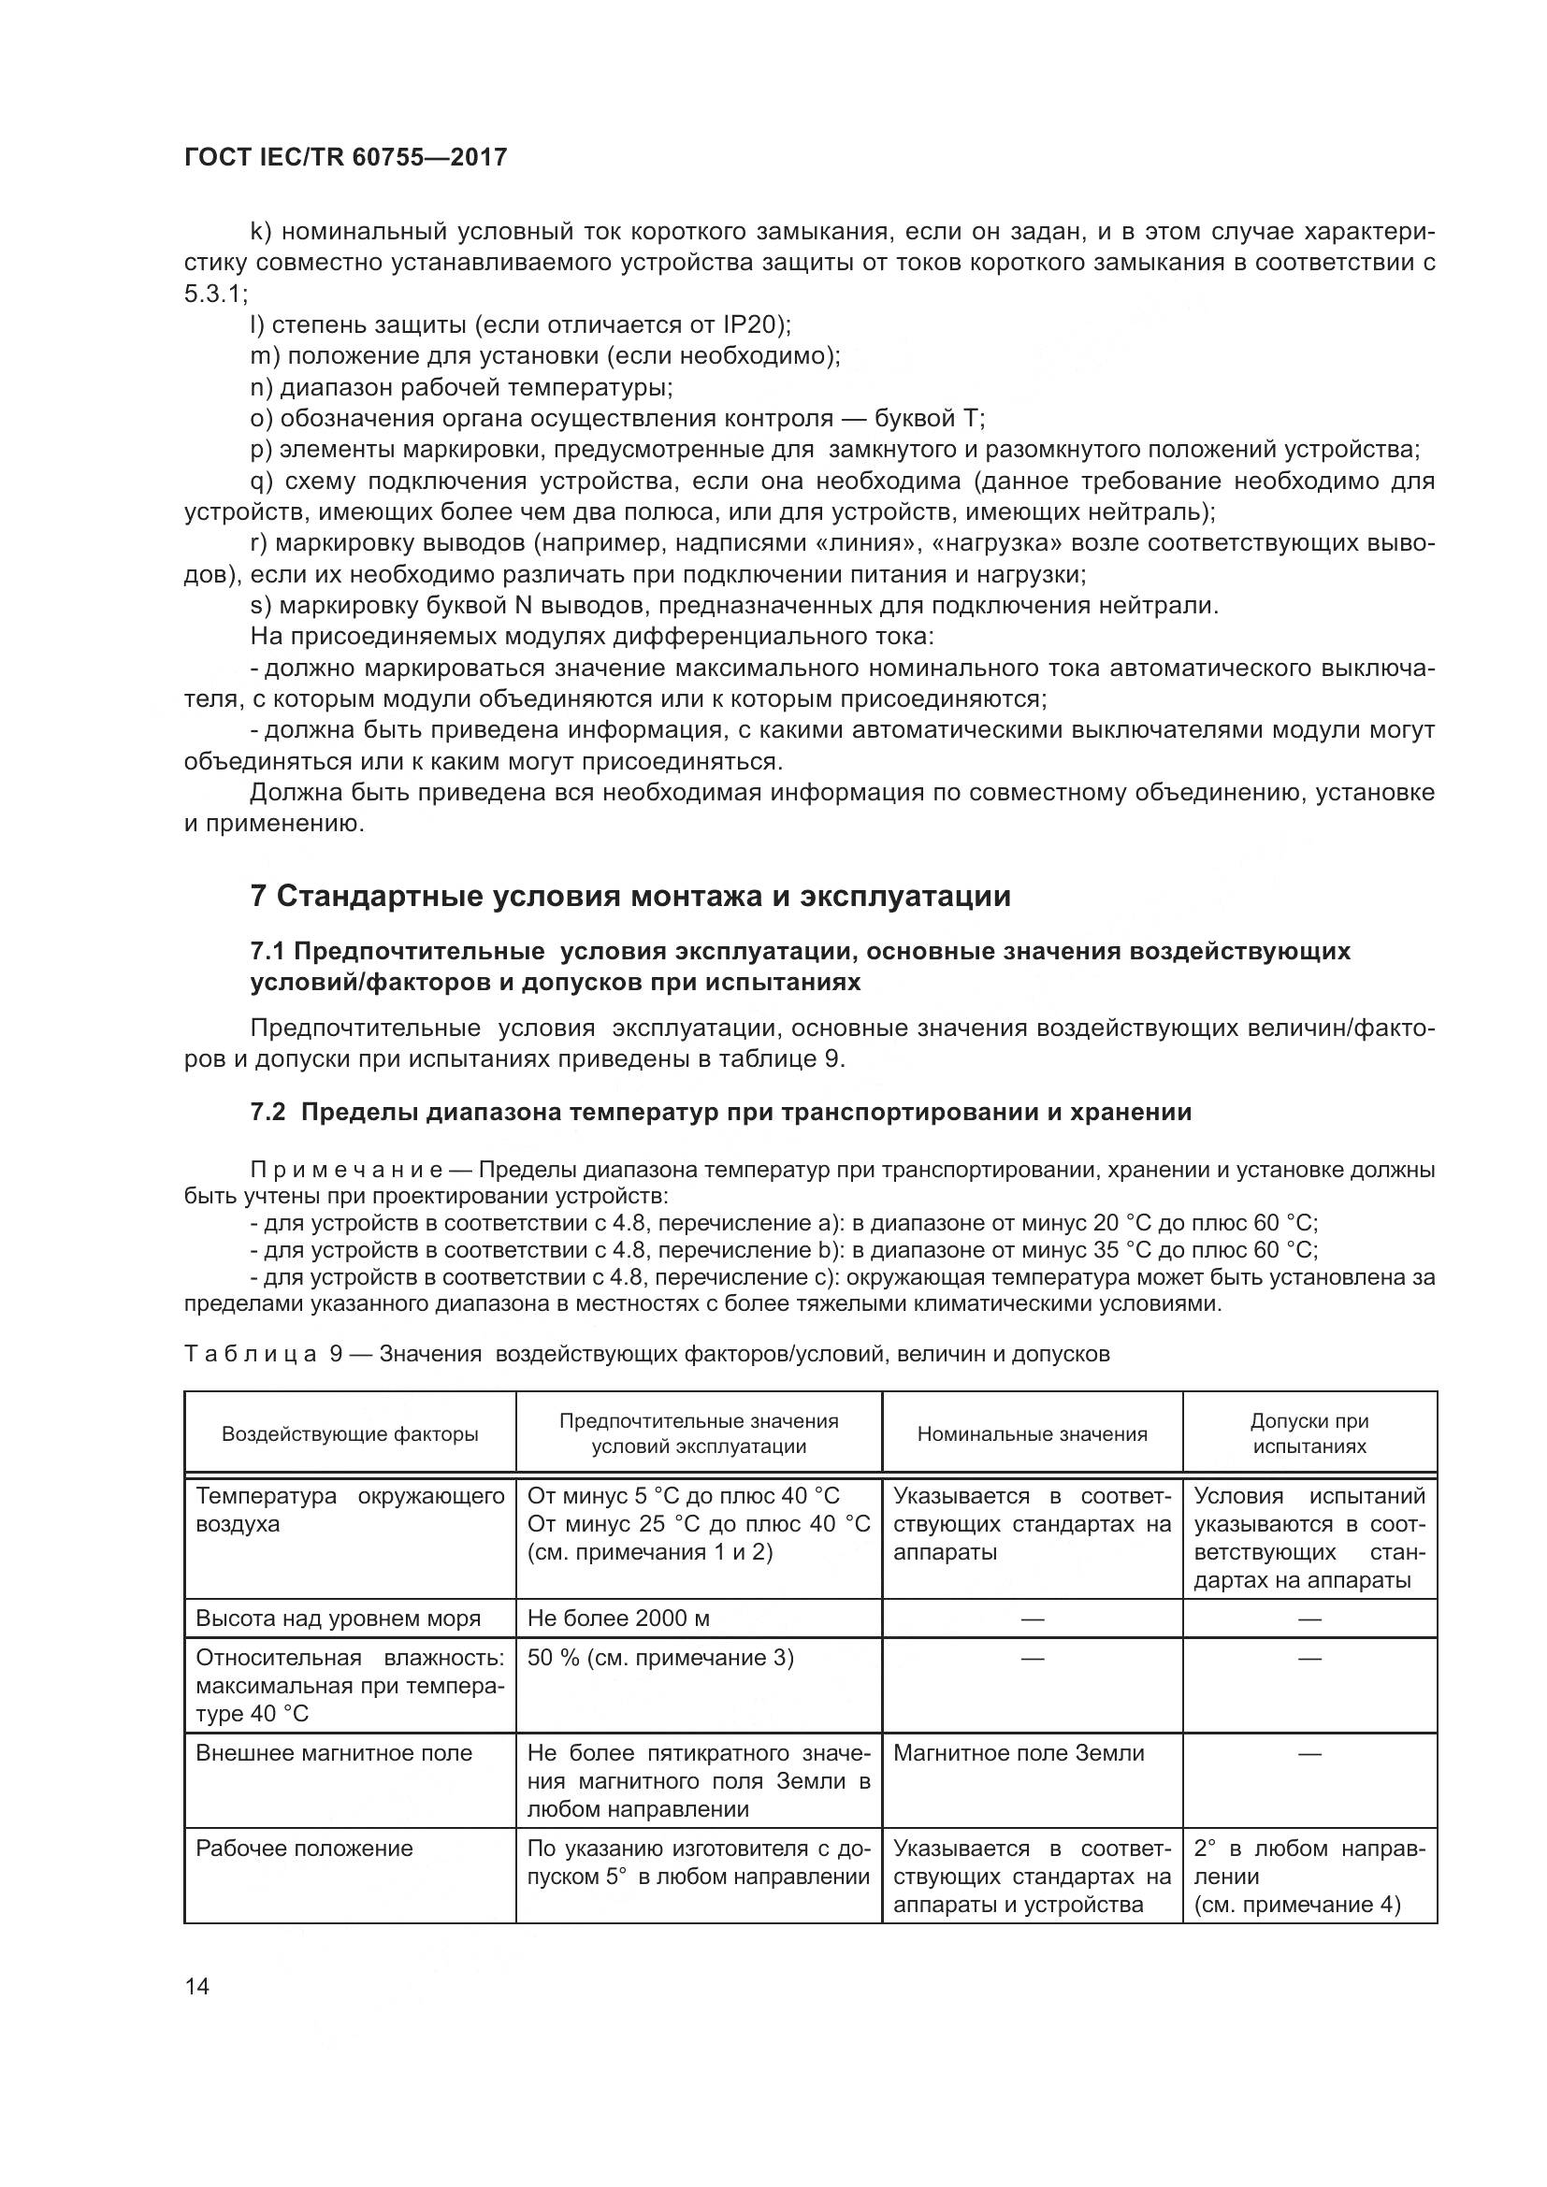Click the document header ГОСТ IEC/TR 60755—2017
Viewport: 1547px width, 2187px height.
[x=345, y=157]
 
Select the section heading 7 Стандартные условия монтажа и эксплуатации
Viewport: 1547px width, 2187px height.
[x=629, y=897]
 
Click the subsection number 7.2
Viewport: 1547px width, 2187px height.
[x=267, y=1112]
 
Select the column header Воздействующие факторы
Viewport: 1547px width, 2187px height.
[x=350, y=1433]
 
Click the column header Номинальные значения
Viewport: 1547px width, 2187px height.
[x=1032, y=1433]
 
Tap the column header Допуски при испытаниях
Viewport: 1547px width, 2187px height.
[x=1308, y=1433]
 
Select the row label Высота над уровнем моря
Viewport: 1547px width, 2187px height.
[x=338, y=1618]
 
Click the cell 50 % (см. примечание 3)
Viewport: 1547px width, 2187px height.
[x=660, y=1658]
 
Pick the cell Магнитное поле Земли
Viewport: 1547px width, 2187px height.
[x=1019, y=1752]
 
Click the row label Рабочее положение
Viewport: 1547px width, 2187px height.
[x=304, y=1848]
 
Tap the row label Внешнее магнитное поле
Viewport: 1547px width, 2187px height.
[x=333, y=1752]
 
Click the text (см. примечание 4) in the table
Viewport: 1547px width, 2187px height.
[x=1296, y=1904]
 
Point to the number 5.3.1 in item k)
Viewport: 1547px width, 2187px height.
[x=212, y=294]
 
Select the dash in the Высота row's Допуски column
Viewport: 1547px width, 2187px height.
[x=1308, y=1619]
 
